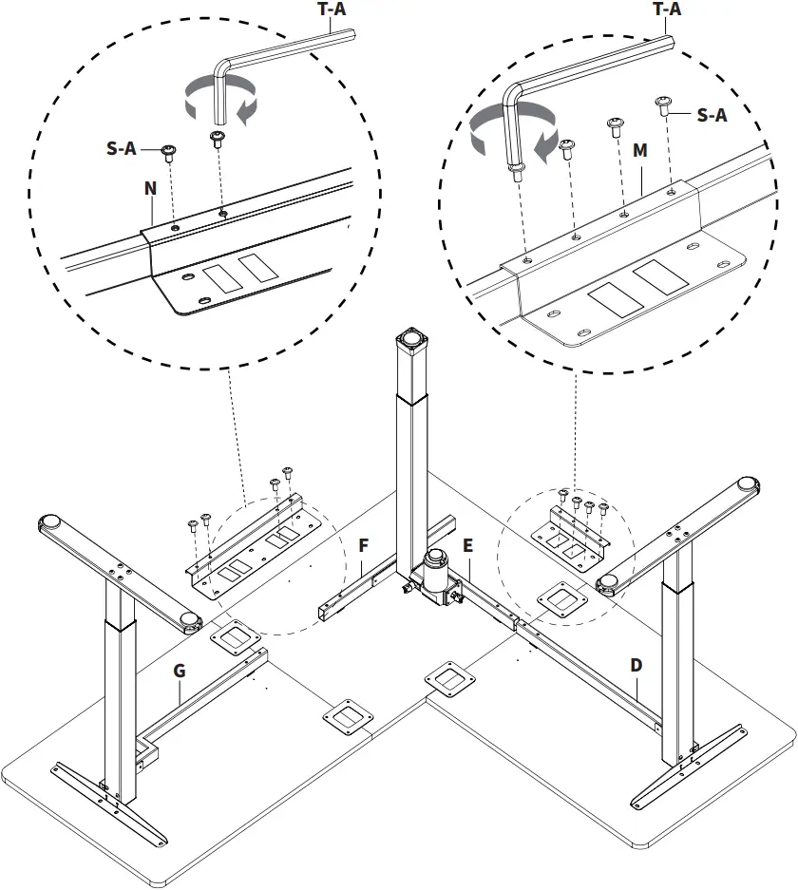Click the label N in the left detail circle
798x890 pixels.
[x=150, y=188]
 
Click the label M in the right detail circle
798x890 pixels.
[x=640, y=151]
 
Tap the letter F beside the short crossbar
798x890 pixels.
[x=364, y=545]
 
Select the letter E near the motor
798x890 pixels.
[x=467, y=545]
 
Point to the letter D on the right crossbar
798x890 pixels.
[x=636, y=666]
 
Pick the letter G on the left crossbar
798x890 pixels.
[x=179, y=671]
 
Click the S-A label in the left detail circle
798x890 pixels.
[x=121, y=149]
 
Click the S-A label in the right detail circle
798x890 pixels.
[x=712, y=115]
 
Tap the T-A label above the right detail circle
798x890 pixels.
[x=667, y=9]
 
